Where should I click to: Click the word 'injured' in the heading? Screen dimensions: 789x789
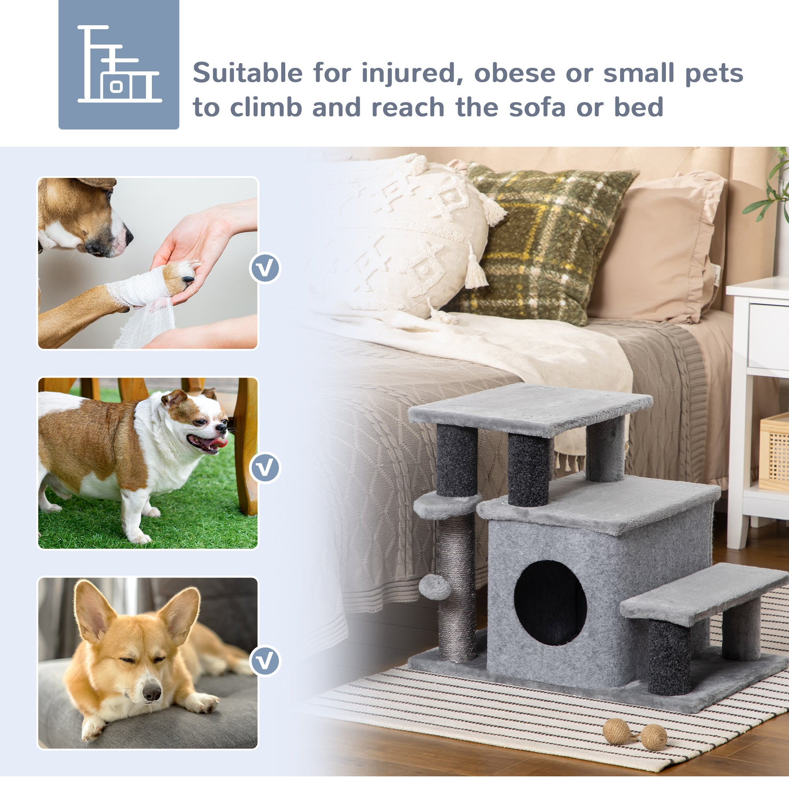pos(412,74)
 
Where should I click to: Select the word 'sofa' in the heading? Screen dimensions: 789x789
pos(537,107)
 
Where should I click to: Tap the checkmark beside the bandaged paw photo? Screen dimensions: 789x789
pos(265,268)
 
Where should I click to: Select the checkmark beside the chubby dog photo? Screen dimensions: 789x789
pos(265,467)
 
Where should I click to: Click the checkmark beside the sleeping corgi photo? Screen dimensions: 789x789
pos(265,661)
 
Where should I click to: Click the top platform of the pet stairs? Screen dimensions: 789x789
pos(531,406)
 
